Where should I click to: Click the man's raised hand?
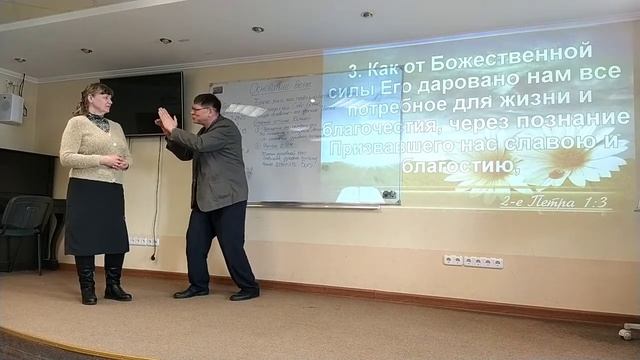[x=166, y=122]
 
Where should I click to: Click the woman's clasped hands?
[x=115, y=160]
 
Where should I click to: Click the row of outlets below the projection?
[x=473, y=262]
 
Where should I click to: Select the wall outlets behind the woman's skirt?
[x=142, y=241]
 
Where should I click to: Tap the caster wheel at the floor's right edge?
[x=629, y=331]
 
